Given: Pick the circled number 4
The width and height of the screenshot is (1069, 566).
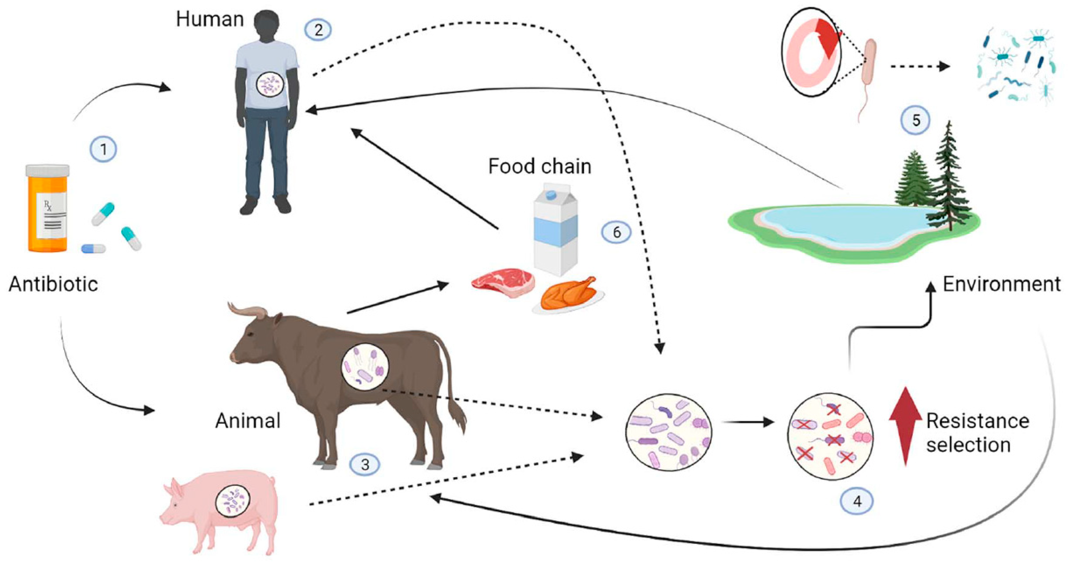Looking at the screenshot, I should click(x=857, y=501).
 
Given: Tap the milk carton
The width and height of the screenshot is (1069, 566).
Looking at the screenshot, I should click(x=555, y=230).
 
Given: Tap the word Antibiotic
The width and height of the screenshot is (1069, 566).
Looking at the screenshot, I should click(x=53, y=285).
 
